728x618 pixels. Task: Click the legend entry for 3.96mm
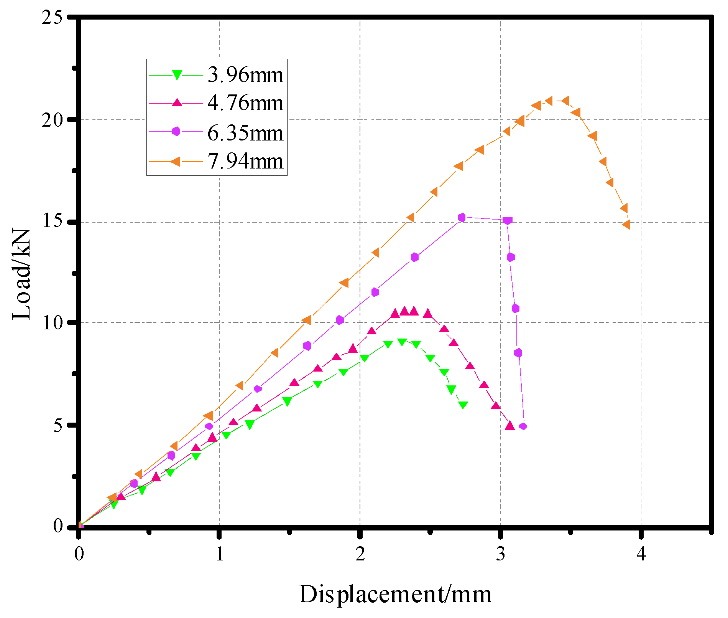pyautogui.click(x=245, y=74)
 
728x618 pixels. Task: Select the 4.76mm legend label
pyautogui.click(x=245, y=103)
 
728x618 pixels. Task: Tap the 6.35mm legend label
pyautogui.click(x=245, y=133)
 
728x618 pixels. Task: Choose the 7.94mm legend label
pyautogui.click(x=245, y=161)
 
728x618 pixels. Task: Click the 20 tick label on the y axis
pyautogui.click(x=52, y=120)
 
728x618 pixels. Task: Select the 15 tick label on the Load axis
pyautogui.click(x=52, y=222)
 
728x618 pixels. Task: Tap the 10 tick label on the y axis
pyautogui.click(x=52, y=322)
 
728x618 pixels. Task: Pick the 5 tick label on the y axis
pyautogui.click(x=58, y=425)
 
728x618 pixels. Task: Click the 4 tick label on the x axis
pyautogui.click(x=641, y=554)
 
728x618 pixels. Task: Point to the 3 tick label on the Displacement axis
pyautogui.click(x=501, y=554)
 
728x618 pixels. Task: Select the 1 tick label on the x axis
pyautogui.click(x=219, y=554)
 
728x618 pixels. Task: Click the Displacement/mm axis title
pyautogui.click(x=395, y=595)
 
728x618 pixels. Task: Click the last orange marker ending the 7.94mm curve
pyautogui.click(x=626, y=225)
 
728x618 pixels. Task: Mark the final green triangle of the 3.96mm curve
pyautogui.click(x=463, y=405)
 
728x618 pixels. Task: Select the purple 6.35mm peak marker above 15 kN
pyautogui.click(x=462, y=217)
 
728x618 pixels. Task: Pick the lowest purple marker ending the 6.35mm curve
pyautogui.click(x=523, y=426)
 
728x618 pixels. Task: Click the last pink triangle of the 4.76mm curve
pyautogui.click(x=510, y=425)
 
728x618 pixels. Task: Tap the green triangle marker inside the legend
pyautogui.click(x=177, y=74)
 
